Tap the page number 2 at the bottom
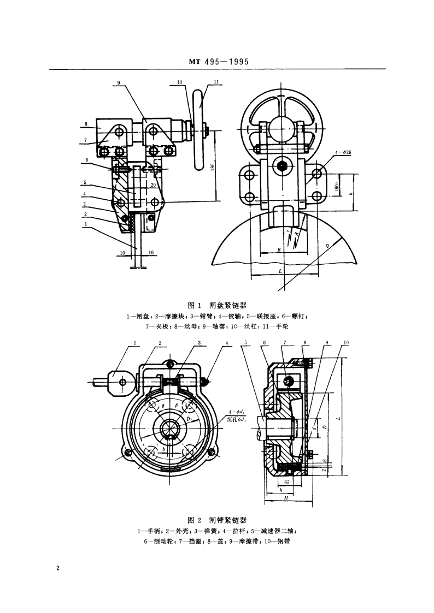(57, 568)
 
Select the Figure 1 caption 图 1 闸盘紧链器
(217, 305)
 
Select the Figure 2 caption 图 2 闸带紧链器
(217, 520)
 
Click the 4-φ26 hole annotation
(343, 152)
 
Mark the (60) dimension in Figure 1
(338, 186)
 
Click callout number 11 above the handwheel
(201, 82)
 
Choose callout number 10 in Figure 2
(345, 343)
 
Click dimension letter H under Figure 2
(286, 498)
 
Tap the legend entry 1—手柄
(149, 531)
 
